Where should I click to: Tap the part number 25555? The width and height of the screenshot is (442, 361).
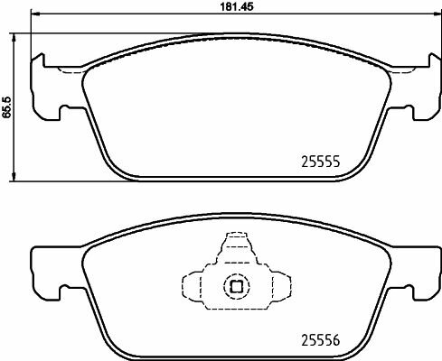319,163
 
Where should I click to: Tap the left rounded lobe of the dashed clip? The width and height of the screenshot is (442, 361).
192,287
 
